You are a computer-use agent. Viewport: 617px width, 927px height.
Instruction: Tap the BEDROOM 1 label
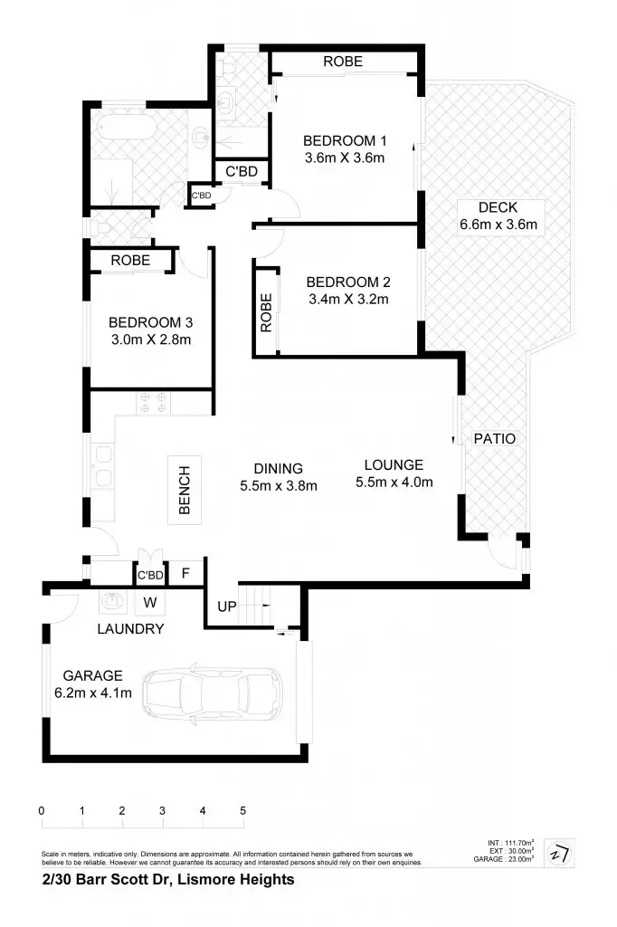(344, 140)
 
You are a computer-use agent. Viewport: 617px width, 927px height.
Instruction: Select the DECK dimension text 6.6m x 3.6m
(498, 225)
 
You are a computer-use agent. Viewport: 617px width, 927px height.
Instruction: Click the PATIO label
(495, 439)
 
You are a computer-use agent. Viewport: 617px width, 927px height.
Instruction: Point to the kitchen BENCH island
(185, 490)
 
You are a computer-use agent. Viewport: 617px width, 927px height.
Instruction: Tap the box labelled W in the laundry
(149, 601)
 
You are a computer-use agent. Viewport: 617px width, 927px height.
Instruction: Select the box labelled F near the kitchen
(185, 573)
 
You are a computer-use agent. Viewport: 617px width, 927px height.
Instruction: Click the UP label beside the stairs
(227, 607)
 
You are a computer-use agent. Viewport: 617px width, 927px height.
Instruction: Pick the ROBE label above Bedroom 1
(343, 62)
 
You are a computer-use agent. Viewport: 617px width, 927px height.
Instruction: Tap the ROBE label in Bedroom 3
(130, 260)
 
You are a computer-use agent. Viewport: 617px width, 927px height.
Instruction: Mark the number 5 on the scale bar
(242, 810)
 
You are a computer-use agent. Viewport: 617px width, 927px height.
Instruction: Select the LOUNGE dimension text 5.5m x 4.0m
(394, 482)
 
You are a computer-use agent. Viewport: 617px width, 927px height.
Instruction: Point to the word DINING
(278, 468)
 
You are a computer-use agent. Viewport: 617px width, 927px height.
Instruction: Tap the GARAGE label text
(92, 675)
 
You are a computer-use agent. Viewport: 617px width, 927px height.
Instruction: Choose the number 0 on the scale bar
(42, 810)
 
